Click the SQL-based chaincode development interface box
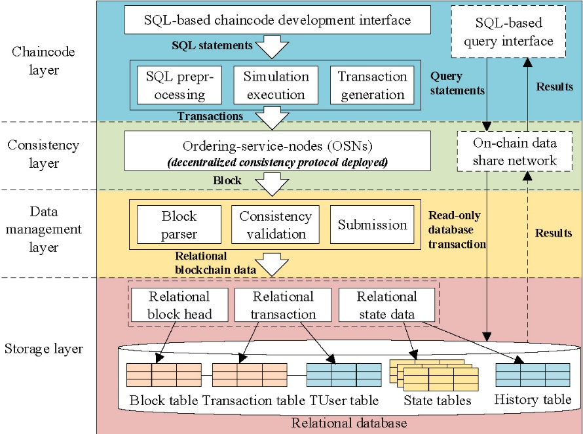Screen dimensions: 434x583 coord(277,20)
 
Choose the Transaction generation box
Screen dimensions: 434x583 coord(372,85)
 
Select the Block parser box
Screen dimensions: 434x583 coord(179,225)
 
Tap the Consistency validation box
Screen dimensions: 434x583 coord(275,225)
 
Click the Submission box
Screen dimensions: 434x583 coord(372,225)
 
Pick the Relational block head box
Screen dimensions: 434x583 coord(179,306)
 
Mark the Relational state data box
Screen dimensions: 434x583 coord(386,306)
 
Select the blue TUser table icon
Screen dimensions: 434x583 coord(344,374)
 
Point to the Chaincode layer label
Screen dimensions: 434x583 coord(43,60)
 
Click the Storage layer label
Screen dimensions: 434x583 coord(43,349)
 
